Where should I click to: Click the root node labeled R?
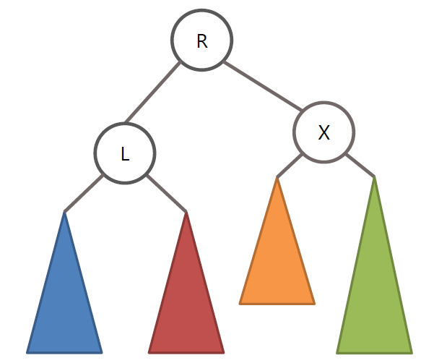click(202, 40)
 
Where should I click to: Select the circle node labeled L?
click(125, 153)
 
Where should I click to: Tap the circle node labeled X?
click(324, 132)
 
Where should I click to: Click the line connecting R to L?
click(153, 93)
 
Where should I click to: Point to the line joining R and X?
click(263, 87)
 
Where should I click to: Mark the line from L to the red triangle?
click(167, 193)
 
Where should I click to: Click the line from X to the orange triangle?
click(289, 164)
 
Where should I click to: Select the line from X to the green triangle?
click(360, 165)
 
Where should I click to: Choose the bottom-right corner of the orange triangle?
click(313, 302)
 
